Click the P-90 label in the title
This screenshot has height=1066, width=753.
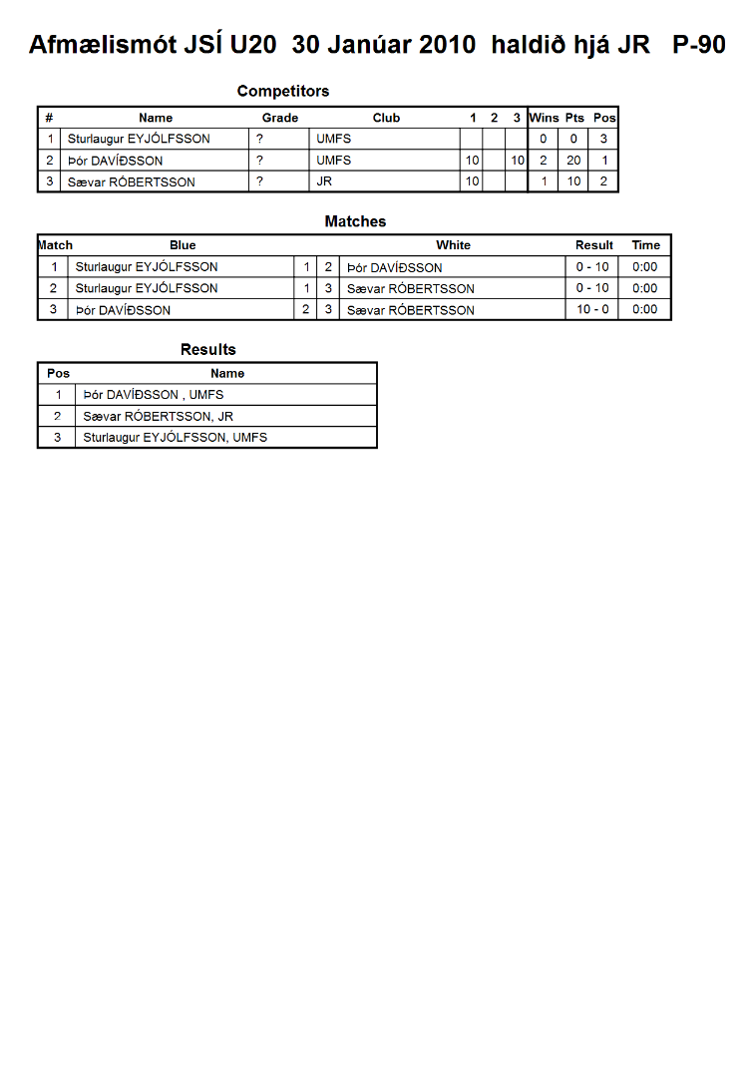(x=698, y=45)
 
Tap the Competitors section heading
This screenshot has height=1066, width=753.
(x=283, y=91)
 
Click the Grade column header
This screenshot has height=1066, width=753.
(x=280, y=118)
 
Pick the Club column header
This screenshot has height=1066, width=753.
(x=386, y=118)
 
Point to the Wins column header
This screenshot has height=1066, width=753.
(x=544, y=118)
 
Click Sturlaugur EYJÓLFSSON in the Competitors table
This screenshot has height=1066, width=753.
(x=139, y=139)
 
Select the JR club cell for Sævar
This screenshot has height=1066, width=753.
(x=324, y=181)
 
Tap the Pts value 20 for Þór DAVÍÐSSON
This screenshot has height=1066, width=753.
(x=573, y=161)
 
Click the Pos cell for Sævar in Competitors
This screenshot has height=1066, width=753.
(x=603, y=181)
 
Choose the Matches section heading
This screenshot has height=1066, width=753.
(x=355, y=221)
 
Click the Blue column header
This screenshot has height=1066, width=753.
(x=183, y=245)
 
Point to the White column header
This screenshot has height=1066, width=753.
(x=453, y=245)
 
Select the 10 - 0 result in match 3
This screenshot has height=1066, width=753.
(x=592, y=310)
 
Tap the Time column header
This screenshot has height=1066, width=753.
(x=645, y=245)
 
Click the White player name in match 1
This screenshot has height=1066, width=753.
(x=395, y=267)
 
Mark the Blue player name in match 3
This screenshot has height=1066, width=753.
(x=123, y=310)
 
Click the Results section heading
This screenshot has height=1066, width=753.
(x=208, y=349)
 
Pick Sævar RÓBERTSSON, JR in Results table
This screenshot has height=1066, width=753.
(x=159, y=417)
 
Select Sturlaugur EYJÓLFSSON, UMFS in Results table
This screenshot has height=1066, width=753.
(x=176, y=438)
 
